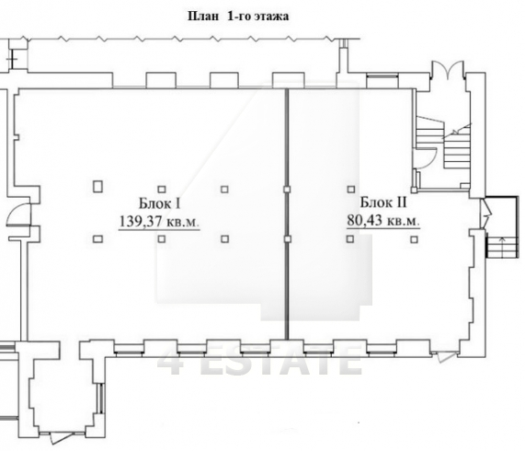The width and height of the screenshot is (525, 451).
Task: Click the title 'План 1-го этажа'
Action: [x=238, y=17]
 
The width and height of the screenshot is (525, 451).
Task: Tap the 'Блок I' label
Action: [x=160, y=203]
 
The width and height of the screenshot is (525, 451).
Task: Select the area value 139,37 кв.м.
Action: [x=159, y=222]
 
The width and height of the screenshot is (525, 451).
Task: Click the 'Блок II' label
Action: [x=383, y=202]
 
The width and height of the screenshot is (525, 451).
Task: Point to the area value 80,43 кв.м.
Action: [x=383, y=221]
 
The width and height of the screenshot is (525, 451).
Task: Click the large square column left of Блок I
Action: [x=97, y=186]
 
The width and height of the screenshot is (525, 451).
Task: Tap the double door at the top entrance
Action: [x=448, y=70]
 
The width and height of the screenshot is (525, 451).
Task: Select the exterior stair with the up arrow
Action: [x=502, y=247]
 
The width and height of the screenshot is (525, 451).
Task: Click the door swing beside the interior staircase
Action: [x=429, y=156]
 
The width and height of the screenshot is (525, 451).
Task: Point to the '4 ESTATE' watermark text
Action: [x=260, y=361]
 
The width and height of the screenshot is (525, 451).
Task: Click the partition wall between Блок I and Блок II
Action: [x=287, y=214]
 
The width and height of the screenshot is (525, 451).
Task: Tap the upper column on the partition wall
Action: [x=287, y=190]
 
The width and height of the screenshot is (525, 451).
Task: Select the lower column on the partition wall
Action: [x=287, y=239]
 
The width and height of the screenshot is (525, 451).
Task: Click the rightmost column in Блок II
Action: [x=414, y=239]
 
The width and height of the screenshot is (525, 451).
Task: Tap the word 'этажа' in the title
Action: [x=271, y=17]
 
